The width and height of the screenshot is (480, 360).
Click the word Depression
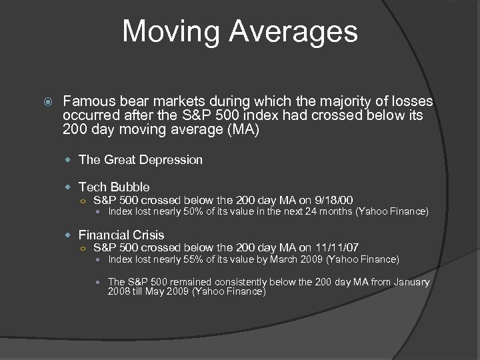point(169,159)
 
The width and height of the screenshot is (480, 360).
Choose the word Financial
point(104,235)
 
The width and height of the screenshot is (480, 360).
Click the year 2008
point(119,292)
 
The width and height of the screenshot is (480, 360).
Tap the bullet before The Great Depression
point(71,160)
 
